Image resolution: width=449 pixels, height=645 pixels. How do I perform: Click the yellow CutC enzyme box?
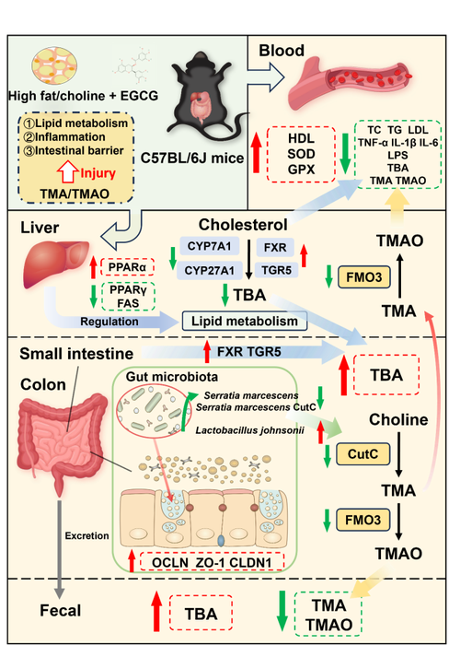click(363, 453)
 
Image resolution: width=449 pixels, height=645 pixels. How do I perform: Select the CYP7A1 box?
click(209, 246)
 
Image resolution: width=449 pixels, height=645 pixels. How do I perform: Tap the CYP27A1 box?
click(209, 270)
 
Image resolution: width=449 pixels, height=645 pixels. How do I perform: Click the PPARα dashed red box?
click(127, 267)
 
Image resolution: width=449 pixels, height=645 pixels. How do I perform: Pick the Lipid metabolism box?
click(245, 321)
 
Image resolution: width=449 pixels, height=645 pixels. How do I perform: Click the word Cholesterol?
click(243, 225)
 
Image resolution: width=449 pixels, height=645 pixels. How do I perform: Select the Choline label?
click(398, 419)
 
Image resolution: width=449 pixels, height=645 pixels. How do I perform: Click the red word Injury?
click(98, 173)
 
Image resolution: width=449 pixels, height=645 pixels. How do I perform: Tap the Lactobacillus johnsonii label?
click(249, 430)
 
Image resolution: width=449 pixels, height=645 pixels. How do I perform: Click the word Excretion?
click(87, 535)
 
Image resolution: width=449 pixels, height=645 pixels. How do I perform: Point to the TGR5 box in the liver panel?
click(276, 270)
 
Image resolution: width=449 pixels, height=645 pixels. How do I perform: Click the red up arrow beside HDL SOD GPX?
click(257, 152)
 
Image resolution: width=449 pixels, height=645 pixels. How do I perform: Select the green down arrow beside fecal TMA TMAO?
click(282, 610)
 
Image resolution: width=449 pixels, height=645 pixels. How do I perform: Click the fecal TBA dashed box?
click(201, 613)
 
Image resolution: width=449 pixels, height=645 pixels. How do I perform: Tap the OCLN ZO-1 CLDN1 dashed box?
click(212, 562)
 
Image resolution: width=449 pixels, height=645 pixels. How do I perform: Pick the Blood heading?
click(282, 51)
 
